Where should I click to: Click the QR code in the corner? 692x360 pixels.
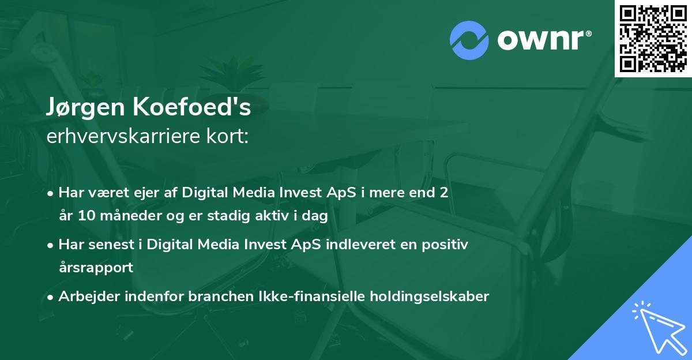(653, 38)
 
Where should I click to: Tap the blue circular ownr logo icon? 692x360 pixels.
(469, 40)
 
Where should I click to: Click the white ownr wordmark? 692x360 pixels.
(541, 40)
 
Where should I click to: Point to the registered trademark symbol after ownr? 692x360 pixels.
(588, 33)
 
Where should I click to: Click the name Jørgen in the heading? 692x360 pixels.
(85, 107)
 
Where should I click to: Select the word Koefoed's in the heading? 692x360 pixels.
(192, 107)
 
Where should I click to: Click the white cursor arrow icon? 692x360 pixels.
(660, 329)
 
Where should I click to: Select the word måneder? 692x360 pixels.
(131, 215)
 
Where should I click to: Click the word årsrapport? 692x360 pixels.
(96, 268)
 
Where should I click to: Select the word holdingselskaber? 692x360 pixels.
(430, 297)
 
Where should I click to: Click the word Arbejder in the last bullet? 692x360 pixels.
(89, 297)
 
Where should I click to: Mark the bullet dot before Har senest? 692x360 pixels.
(50, 246)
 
